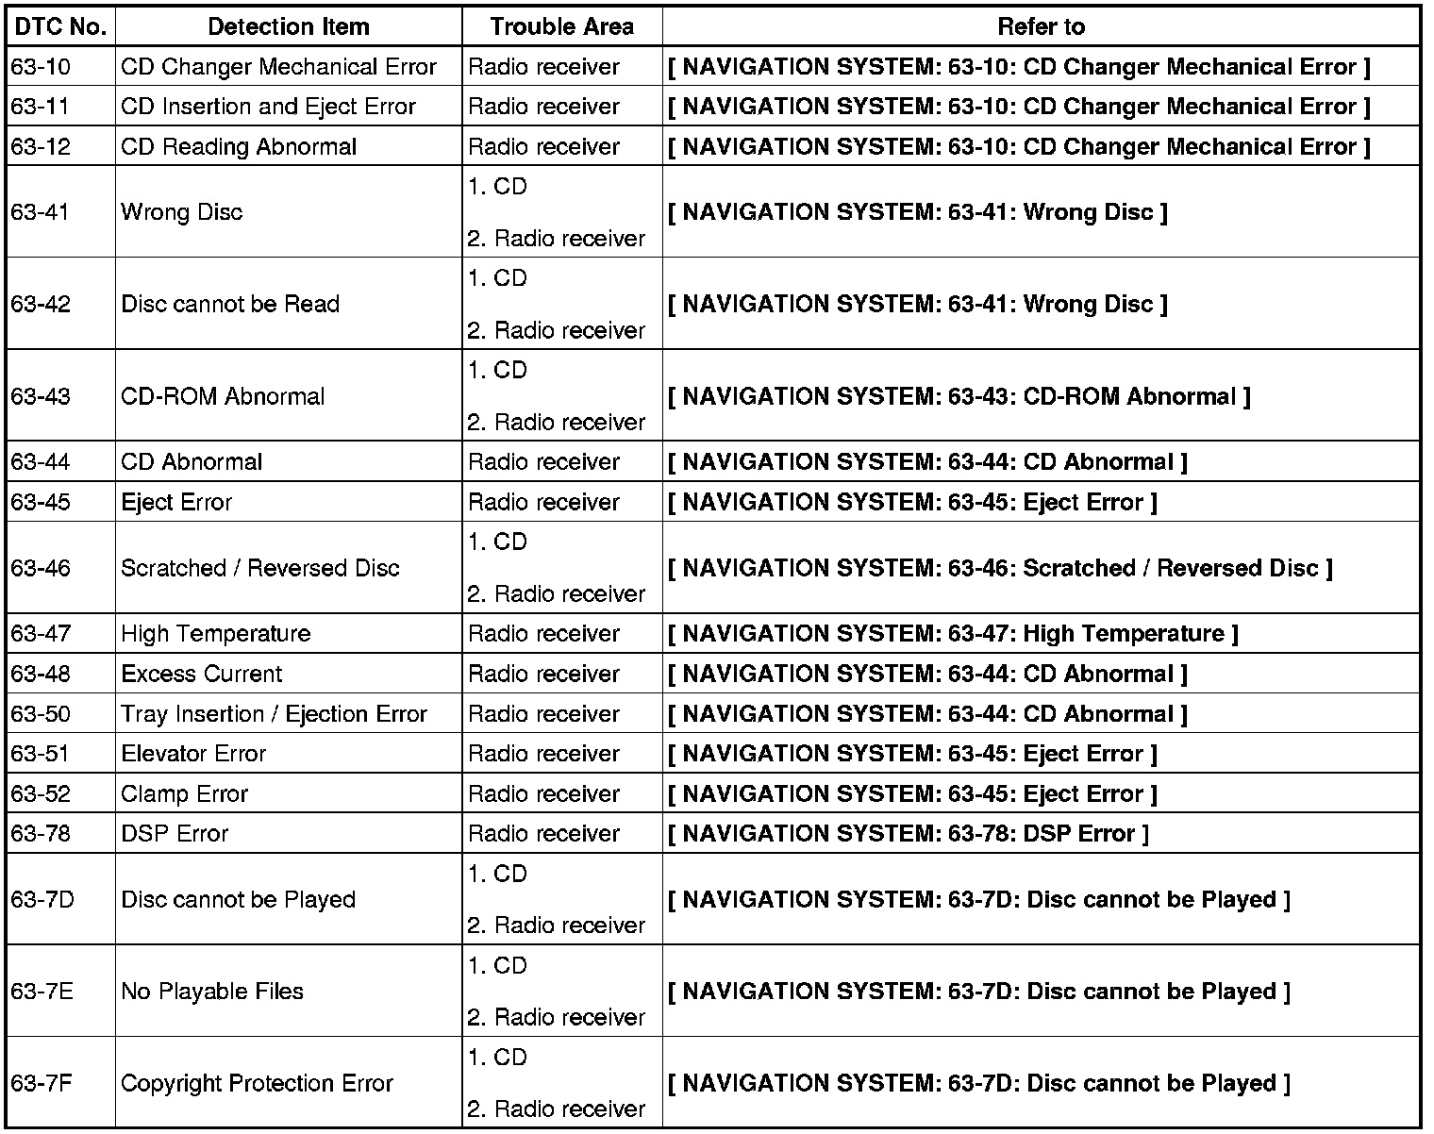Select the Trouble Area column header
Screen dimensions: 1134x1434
click(x=561, y=26)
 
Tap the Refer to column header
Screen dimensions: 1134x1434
click(x=1041, y=26)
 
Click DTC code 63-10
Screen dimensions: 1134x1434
click(x=41, y=67)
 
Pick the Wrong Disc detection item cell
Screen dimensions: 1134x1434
click(x=182, y=212)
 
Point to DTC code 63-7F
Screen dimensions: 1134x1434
click(x=42, y=1083)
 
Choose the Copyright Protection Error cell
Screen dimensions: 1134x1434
click(x=257, y=1083)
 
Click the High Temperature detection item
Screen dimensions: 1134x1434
click(x=216, y=634)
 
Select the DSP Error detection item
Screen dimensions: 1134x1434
click(x=175, y=834)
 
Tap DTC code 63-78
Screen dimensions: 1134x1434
click(x=41, y=834)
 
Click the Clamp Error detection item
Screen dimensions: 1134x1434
click(x=185, y=794)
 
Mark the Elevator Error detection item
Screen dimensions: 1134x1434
click(x=193, y=754)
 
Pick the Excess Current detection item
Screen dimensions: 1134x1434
click(x=202, y=675)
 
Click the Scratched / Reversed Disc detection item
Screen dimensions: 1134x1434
click(x=260, y=568)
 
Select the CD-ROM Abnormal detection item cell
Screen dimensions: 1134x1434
click(x=223, y=396)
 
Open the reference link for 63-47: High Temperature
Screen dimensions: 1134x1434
click(x=953, y=634)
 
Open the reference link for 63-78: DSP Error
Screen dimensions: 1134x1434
click(x=909, y=834)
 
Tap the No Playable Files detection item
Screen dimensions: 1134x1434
click(x=212, y=992)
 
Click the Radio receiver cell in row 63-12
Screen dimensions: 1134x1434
click(x=543, y=147)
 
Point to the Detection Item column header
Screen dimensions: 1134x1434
click(x=289, y=26)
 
